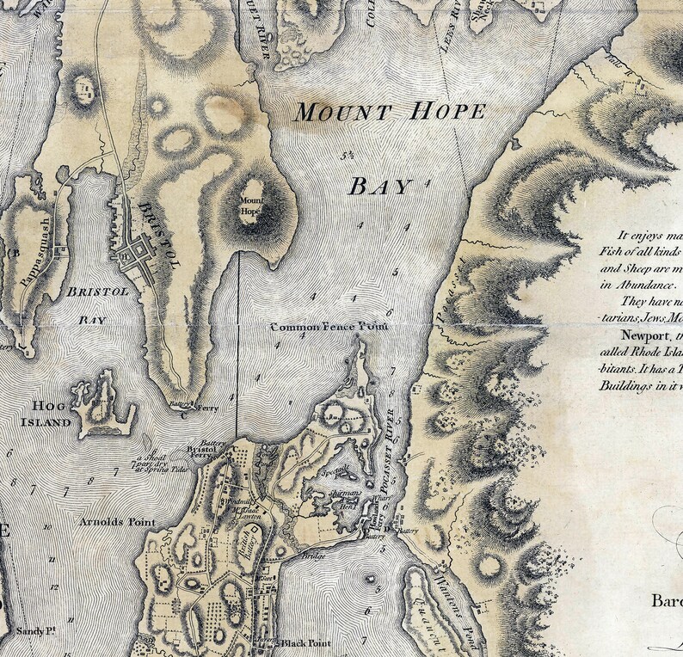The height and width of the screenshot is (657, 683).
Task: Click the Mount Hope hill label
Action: point(249,207)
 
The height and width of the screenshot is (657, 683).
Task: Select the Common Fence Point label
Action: point(329,328)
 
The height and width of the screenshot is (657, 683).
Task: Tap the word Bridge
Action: point(312,556)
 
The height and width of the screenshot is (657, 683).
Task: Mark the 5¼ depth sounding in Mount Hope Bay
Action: point(348,156)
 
